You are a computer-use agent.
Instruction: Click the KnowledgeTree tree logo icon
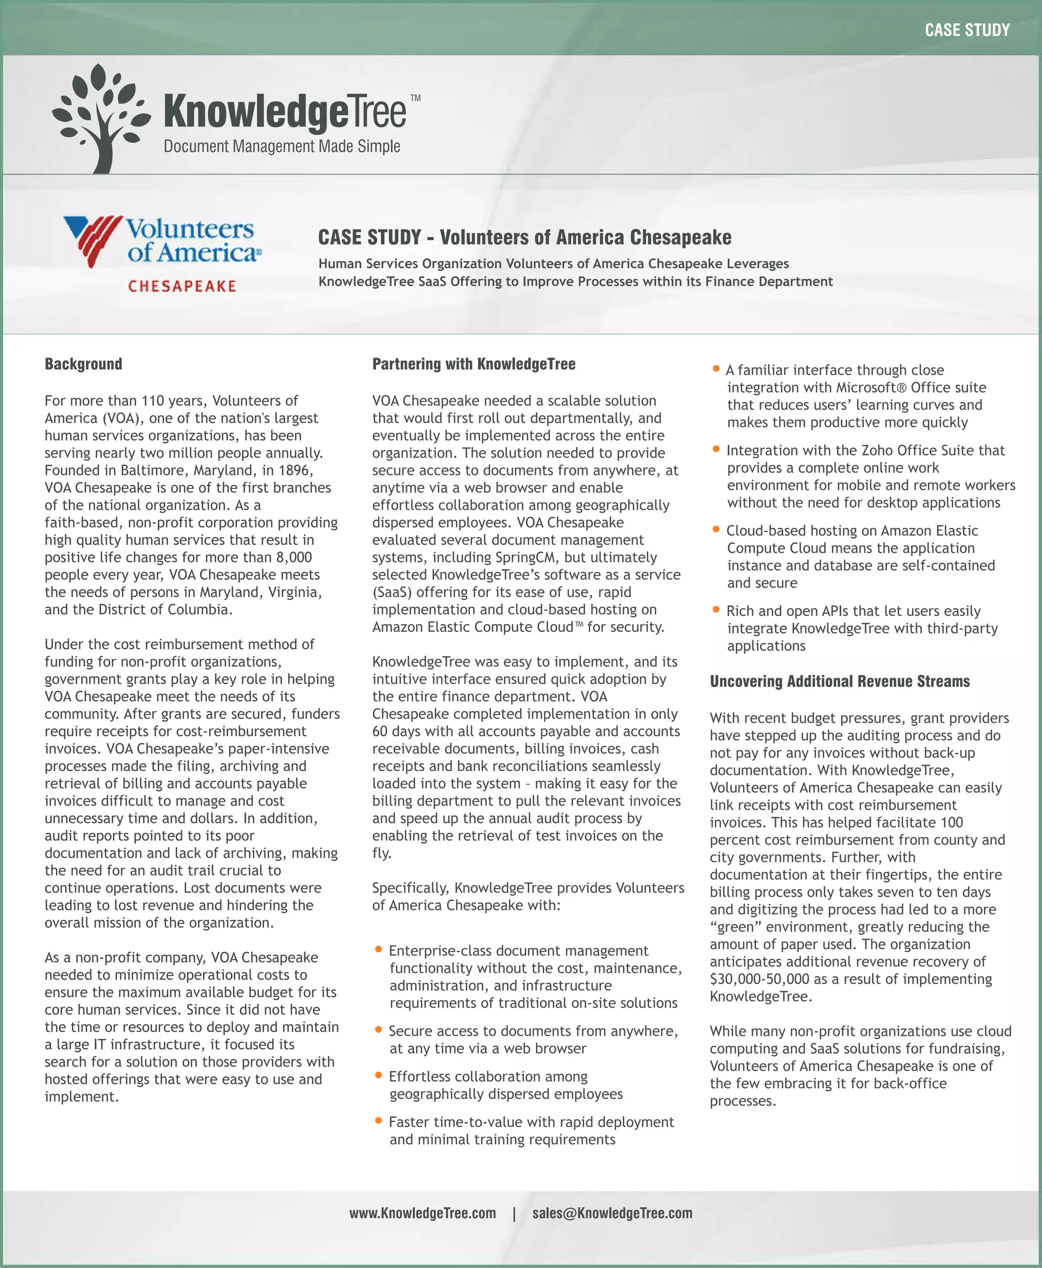point(101,117)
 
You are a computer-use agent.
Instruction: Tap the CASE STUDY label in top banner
point(967,30)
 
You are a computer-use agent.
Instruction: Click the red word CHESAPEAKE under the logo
point(183,286)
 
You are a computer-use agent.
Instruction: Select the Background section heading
point(83,364)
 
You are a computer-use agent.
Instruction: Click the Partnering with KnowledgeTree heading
point(474,364)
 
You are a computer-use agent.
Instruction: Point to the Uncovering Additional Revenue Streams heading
point(839,681)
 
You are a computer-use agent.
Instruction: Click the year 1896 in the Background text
point(293,470)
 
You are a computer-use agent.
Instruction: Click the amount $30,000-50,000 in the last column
point(759,979)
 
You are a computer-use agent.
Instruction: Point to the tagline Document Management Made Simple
point(281,146)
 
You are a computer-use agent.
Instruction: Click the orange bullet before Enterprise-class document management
point(378,950)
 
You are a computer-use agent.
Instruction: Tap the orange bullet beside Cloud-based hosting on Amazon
point(715,529)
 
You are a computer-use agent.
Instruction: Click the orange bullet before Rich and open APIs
point(715,610)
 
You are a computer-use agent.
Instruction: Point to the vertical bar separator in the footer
point(514,1214)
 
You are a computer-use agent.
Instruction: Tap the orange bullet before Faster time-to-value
point(378,1120)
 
